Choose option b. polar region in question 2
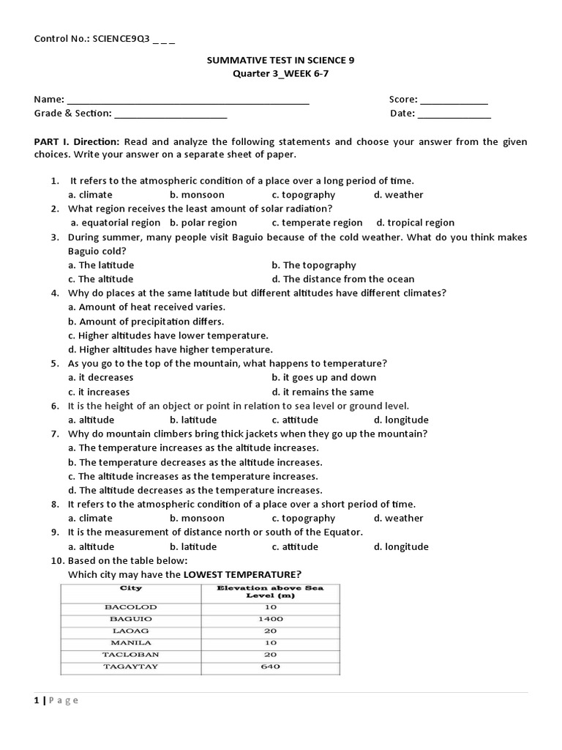pyautogui.click(x=203, y=223)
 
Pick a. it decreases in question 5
pyautogui.click(x=101, y=378)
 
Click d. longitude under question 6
pyautogui.click(x=401, y=420)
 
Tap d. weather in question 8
pyautogui.click(x=398, y=519)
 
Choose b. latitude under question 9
pyautogui.click(x=193, y=547)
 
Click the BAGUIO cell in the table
pyautogui.click(x=131, y=619)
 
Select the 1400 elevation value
pyautogui.click(x=270, y=619)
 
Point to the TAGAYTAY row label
pyautogui.click(x=131, y=667)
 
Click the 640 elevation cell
pyautogui.click(x=270, y=667)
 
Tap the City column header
pyautogui.click(x=131, y=588)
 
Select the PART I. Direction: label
pyautogui.click(x=77, y=142)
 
